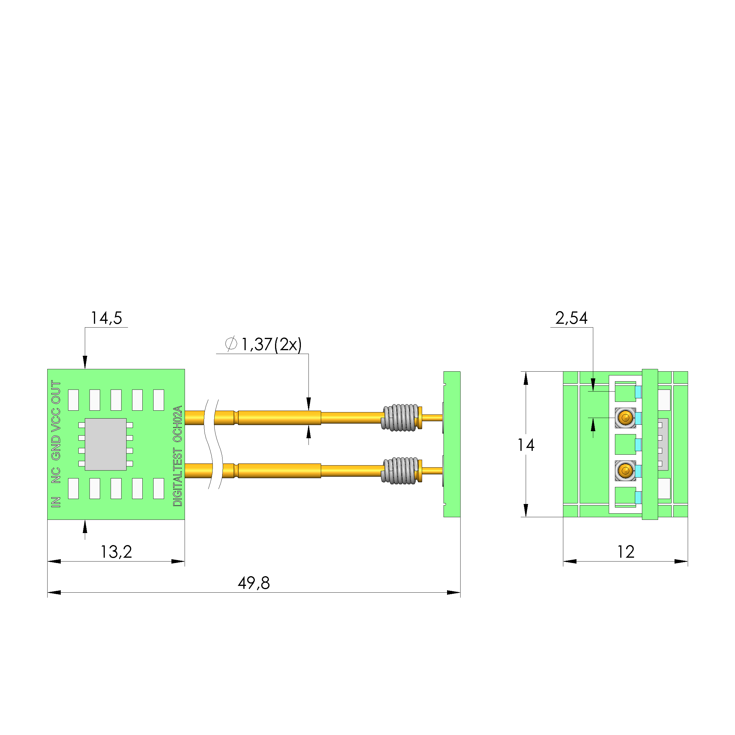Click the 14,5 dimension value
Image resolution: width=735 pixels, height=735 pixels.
point(106,318)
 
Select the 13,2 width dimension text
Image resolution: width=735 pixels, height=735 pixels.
point(116,552)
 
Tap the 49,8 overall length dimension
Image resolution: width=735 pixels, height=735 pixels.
point(254,583)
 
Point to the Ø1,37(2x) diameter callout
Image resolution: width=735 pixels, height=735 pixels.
point(264,344)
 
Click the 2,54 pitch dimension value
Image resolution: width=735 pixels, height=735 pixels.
point(571,318)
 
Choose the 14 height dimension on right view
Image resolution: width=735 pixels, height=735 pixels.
point(526,445)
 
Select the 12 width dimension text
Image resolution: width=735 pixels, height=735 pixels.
point(626,552)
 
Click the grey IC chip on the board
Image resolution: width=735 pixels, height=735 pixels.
point(105,444)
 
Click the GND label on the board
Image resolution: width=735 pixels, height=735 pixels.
point(56,447)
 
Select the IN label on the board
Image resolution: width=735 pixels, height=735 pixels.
point(56,502)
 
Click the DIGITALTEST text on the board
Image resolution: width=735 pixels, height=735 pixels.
point(178,477)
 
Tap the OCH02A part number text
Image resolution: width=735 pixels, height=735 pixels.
point(178,424)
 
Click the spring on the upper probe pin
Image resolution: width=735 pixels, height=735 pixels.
point(400,418)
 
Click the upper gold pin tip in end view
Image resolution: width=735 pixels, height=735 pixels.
point(625,418)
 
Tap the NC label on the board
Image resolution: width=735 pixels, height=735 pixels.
point(56,476)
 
